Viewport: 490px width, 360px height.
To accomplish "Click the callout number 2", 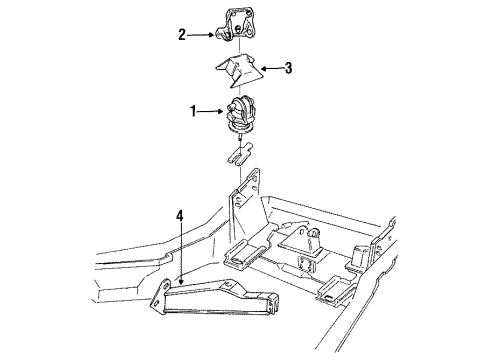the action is click(182, 35).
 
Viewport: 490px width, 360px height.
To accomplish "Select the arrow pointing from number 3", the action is click(271, 69).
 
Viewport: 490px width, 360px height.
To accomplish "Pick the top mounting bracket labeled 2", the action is click(237, 25).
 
